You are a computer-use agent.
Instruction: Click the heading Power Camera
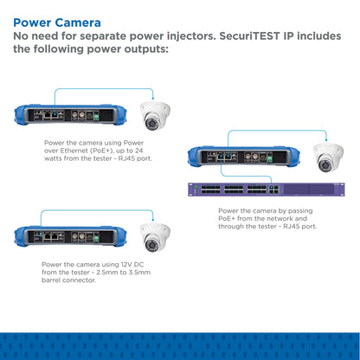(x=57, y=22)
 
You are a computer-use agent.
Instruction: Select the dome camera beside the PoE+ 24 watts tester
(x=155, y=116)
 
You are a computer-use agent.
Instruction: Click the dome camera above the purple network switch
(x=328, y=157)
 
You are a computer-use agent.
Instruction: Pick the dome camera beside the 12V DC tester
(x=155, y=237)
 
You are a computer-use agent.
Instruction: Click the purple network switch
(x=267, y=190)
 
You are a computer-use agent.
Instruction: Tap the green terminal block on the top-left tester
(x=96, y=118)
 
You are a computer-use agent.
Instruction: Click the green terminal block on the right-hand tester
(x=270, y=158)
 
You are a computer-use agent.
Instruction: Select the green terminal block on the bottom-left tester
(x=96, y=239)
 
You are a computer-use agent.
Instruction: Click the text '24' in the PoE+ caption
(x=138, y=151)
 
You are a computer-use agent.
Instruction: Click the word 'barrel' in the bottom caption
(x=51, y=280)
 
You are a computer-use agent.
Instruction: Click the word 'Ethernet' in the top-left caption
(x=74, y=151)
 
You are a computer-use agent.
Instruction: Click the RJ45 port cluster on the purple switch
(x=274, y=190)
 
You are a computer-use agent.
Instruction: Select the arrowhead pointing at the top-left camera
(x=153, y=98)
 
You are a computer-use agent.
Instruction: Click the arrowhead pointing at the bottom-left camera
(x=153, y=220)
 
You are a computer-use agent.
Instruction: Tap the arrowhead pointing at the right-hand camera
(x=326, y=139)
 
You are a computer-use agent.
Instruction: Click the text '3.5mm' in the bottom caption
(x=140, y=273)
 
